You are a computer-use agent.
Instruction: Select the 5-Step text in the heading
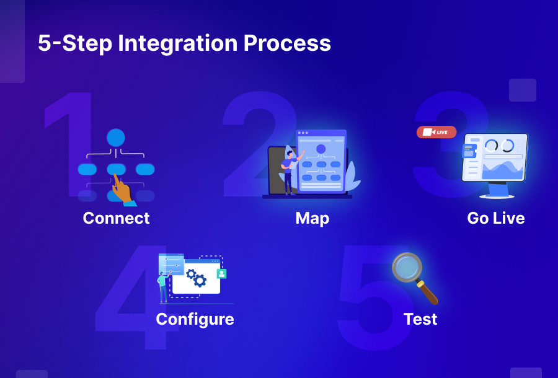74,43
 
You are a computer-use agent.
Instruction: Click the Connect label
116,218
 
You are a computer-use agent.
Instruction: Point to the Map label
312,218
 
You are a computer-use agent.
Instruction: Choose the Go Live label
495,218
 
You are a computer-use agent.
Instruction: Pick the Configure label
195,319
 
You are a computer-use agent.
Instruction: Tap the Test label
420,319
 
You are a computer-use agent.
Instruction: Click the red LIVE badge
436,132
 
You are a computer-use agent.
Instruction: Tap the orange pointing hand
122,189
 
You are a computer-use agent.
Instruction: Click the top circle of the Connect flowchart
116,138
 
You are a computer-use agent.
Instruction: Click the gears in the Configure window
196,277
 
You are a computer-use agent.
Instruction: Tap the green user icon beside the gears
221,273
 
